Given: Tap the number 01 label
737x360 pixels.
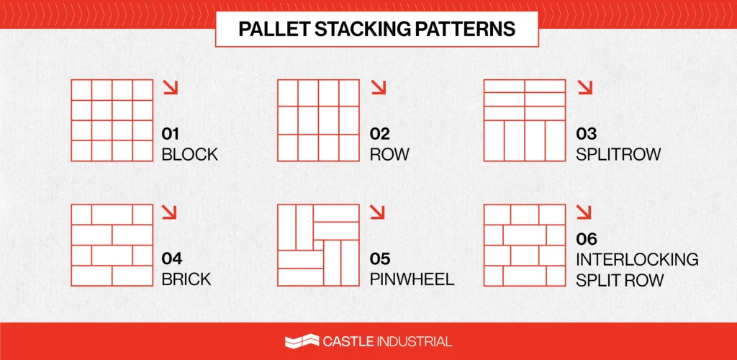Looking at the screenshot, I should click(x=171, y=134).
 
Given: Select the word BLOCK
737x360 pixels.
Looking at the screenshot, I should click(x=189, y=154).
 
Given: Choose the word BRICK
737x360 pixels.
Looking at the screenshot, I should click(x=186, y=279).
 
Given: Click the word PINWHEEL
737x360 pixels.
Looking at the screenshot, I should click(x=412, y=279).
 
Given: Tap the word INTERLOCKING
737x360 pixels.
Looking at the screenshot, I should click(x=637, y=258).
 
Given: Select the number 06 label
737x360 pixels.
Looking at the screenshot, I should click(x=587, y=239).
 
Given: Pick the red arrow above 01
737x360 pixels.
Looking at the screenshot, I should click(x=170, y=88).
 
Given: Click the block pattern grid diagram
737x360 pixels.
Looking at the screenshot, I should click(x=112, y=120).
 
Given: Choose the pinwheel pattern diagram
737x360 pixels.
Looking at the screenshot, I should click(x=318, y=245).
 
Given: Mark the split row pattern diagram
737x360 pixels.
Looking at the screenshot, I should click(x=525, y=120).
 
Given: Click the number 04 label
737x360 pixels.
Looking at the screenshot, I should click(x=172, y=258).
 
